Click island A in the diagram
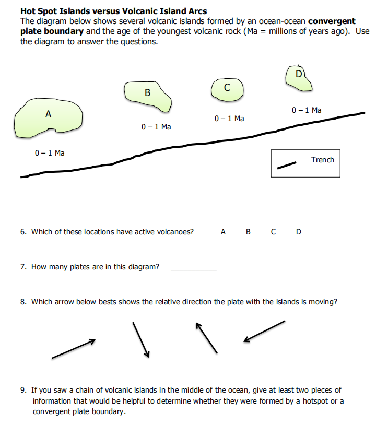(x=48, y=119)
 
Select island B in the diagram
(x=148, y=96)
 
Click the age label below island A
(x=50, y=153)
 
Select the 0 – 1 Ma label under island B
(x=156, y=127)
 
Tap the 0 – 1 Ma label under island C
(x=229, y=119)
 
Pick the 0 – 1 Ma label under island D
(x=307, y=110)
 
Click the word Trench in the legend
(x=322, y=159)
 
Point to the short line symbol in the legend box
(x=286, y=165)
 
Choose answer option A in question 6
(x=223, y=232)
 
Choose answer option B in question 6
(x=248, y=232)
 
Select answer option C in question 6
(x=273, y=232)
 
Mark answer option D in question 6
(x=298, y=232)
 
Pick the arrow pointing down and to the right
(x=142, y=340)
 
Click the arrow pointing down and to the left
(x=264, y=332)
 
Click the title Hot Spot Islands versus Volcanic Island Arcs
(x=113, y=11)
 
